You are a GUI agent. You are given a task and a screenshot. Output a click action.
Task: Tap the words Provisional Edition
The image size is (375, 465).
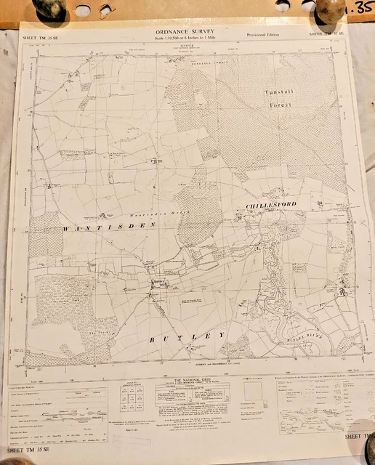coord(262,34)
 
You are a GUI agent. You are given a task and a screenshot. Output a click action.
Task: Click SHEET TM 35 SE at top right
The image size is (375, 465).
coord(326,33)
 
